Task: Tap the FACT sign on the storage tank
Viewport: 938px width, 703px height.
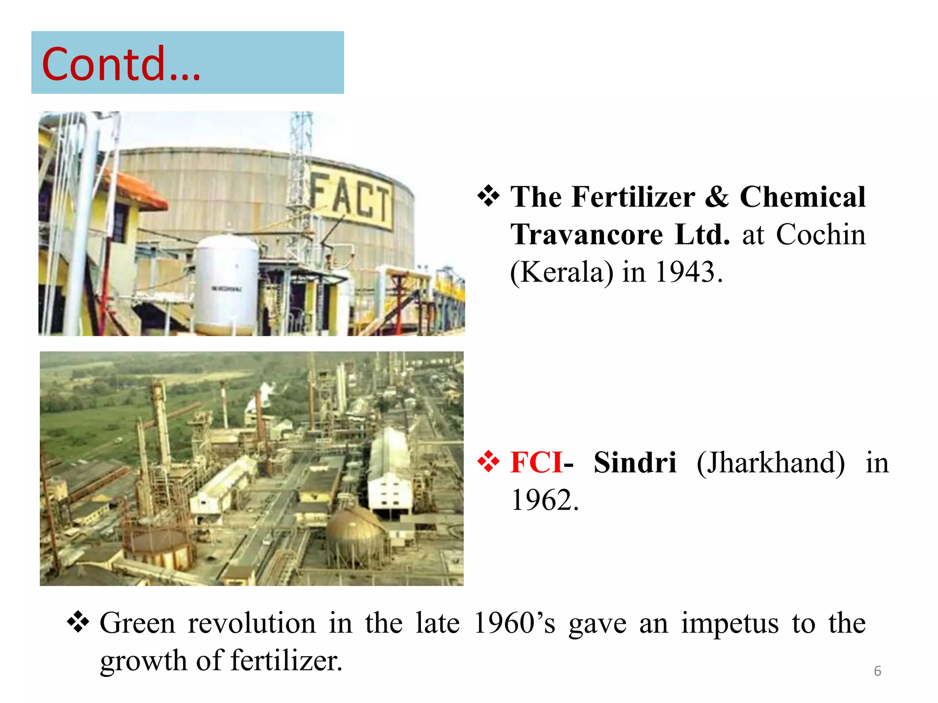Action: tap(351, 200)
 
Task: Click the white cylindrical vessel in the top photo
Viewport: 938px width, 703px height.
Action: tap(227, 284)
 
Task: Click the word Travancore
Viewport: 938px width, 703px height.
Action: tap(587, 235)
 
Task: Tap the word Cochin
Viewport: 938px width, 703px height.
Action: tap(821, 235)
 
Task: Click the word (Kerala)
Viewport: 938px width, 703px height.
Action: tap(562, 272)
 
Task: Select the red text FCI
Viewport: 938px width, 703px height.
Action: tap(536, 463)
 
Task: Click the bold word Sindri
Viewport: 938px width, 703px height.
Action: tap(635, 463)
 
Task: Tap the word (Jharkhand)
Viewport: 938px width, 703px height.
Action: tap(771, 463)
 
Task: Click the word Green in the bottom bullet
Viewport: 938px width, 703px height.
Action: tap(137, 623)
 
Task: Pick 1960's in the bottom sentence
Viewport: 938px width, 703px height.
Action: tap(514, 623)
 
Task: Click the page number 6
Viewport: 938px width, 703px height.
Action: tap(878, 671)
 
